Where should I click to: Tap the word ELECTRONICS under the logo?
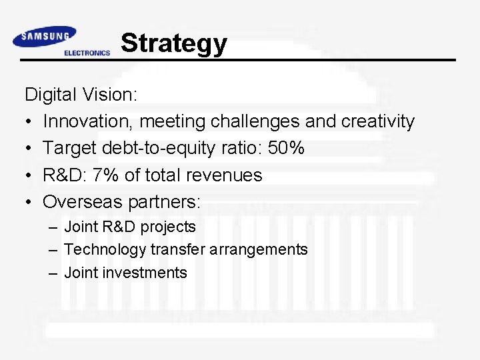pyautogui.click(x=87, y=53)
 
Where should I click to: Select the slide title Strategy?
pyautogui.click(x=174, y=43)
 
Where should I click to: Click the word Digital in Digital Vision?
pyautogui.click(x=51, y=95)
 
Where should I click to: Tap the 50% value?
pyautogui.click(x=286, y=148)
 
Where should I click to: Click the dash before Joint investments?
pyautogui.click(x=53, y=273)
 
